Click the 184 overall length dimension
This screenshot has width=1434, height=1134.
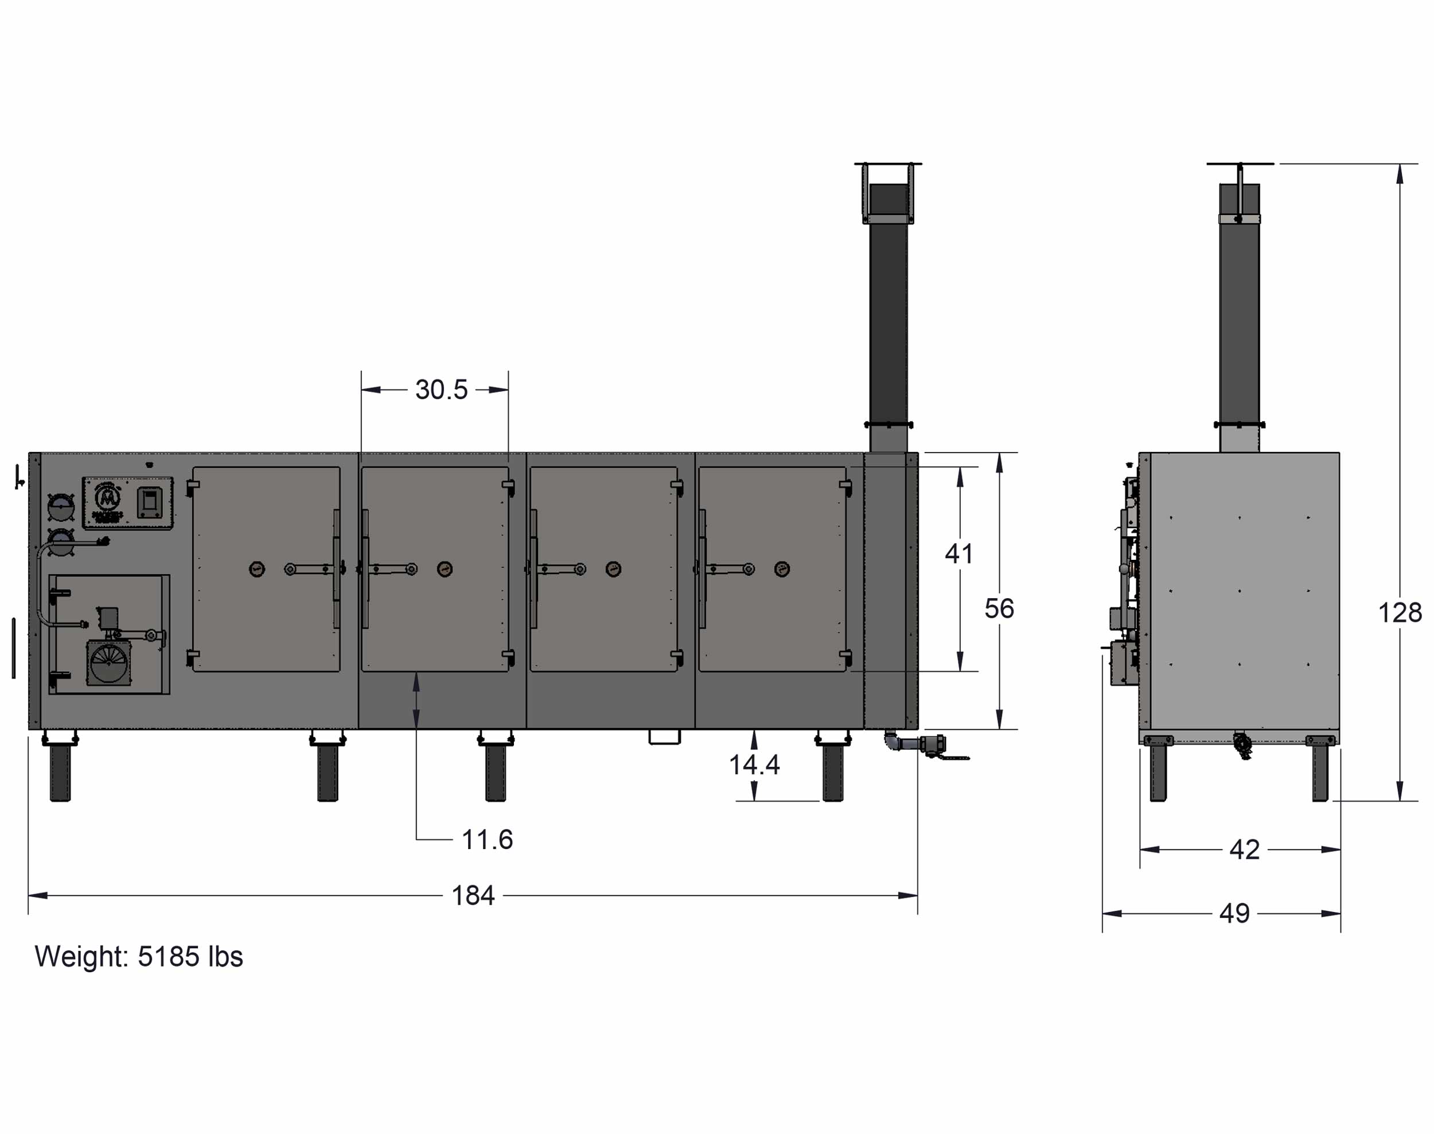(x=473, y=895)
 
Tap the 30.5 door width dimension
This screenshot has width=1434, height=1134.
(x=442, y=389)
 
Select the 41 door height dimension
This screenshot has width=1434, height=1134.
(x=959, y=554)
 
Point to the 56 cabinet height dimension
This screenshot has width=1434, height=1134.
(x=999, y=609)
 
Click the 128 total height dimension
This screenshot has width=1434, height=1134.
(x=1400, y=613)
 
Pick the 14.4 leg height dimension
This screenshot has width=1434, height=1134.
(x=754, y=765)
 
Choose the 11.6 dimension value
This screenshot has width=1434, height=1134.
(x=488, y=840)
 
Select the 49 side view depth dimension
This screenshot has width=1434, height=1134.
(x=1235, y=914)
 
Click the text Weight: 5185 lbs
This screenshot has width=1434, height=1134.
(x=139, y=957)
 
